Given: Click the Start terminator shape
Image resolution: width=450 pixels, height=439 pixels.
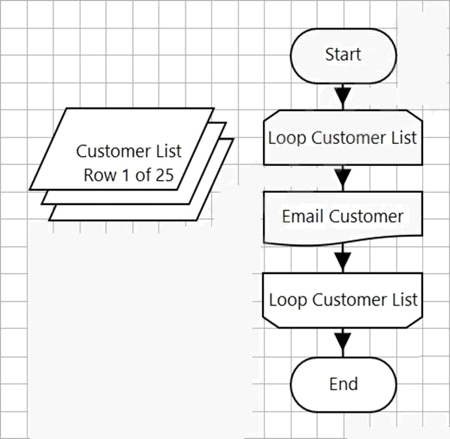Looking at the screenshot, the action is [x=343, y=56].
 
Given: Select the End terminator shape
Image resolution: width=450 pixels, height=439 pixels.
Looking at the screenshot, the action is [x=343, y=384].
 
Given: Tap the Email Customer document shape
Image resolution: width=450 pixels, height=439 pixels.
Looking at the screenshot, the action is [x=343, y=218].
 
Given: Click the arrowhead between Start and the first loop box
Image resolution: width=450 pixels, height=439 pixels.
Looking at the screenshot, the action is [x=343, y=95].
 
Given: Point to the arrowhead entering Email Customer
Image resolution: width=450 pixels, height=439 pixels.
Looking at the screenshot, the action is [x=343, y=178].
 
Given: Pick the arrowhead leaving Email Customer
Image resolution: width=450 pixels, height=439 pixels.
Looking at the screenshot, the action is [x=343, y=260].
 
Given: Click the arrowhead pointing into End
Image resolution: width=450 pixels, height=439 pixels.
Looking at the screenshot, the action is [x=343, y=341].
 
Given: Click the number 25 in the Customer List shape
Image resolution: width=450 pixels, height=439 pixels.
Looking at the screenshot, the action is [x=165, y=175].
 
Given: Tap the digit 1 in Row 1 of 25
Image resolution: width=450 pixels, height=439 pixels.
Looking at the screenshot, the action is [x=125, y=175].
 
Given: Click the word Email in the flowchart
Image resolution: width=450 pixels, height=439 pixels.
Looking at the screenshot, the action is [x=304, y=216].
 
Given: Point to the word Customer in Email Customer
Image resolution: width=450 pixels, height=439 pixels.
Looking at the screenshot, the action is [x=367, y=216].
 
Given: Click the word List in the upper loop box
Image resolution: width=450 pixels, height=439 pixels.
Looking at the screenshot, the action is [x=404, y=137].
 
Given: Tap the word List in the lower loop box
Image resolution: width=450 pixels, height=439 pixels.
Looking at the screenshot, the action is [x=405, y=299].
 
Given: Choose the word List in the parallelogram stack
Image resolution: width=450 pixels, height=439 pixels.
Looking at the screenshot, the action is [x=169, y=151].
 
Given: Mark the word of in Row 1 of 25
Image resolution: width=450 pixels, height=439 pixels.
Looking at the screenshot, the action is [x=143, y=175].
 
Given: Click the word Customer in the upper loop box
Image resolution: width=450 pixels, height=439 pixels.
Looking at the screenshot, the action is [x=349, y=137].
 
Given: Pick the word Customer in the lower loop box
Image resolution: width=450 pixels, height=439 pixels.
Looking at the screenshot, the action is [x=350, y=299].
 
